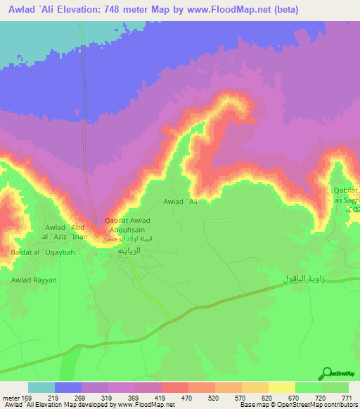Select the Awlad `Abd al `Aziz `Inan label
[x=67, y=232]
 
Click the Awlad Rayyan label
[x=32, y=280]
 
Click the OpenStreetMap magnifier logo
[x=326, y=374]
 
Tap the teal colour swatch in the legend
[x=41, y=387]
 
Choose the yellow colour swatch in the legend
[x=282, y=387]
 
